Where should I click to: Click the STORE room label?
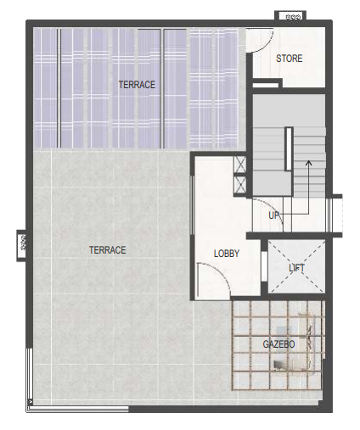[290, 59]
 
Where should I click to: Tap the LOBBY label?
[227, 254]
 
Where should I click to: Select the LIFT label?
[296, 267]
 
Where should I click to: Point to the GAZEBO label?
[278, 344]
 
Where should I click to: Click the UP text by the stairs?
[274, 215]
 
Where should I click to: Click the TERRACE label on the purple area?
[137, 85]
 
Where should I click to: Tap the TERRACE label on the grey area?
[108, 250]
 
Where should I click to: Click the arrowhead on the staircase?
[309, 163]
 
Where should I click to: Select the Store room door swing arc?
[267, 44]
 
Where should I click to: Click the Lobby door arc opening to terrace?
[222, 273]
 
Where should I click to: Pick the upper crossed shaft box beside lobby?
[240, 165]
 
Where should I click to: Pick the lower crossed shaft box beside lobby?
[240, 184]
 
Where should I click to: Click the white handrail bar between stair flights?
[289, 149]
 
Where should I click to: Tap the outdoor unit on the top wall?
[290, 16]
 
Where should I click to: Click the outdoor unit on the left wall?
[21, 246]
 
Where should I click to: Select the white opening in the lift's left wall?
[264, 266]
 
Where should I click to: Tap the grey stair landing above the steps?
[289, 110]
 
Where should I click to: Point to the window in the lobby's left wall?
[193, 205]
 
